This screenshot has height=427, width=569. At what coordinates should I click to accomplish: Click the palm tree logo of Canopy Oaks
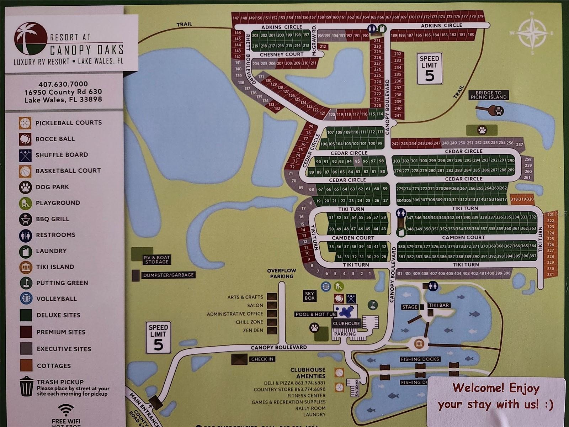(31, 39)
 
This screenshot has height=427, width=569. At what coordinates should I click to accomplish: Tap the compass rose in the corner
(532, 32)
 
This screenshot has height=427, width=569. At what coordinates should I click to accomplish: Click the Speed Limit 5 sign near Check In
(158, 337)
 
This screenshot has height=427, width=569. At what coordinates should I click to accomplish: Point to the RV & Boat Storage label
(157, 259)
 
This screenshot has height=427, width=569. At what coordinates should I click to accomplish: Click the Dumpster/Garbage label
(168, 275)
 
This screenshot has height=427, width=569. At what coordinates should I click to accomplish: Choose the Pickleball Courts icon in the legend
(25, 123)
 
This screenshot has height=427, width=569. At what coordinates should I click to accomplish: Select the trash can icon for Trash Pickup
(26, 387)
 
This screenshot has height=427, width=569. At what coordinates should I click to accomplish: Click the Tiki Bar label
(439, 305)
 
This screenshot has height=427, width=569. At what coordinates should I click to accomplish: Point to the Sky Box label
(310, 296)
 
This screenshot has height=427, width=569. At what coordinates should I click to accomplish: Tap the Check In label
(262, 359)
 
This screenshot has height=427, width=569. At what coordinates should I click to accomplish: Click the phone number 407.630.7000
(63, 84)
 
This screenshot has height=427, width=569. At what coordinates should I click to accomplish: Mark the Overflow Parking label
(282, 273)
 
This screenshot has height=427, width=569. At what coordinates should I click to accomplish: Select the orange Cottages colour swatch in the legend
(26, 365)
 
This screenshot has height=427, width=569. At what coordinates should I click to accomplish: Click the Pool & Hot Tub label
(315, 314)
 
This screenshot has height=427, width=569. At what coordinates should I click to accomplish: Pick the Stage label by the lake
(410, 307)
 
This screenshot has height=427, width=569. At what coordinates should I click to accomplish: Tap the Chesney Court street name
(281, 54)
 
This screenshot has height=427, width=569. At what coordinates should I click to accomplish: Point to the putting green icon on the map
(372, 305)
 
